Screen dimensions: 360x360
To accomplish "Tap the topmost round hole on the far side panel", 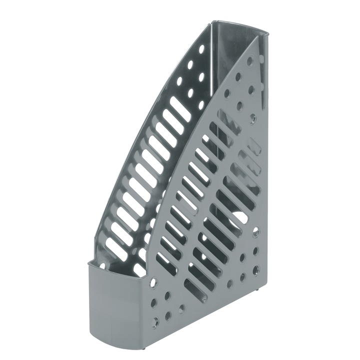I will tap(201, 49).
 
